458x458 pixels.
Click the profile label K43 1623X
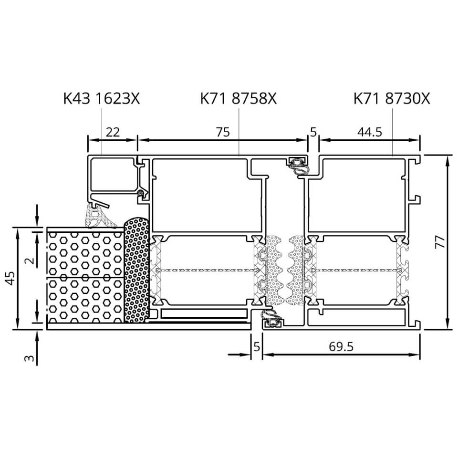point(101,99)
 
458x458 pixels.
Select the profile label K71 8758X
point(239,99)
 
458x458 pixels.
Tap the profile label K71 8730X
point(392,99)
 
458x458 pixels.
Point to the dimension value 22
point(113,132)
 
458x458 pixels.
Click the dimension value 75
point(223,132)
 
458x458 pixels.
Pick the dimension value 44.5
point(369,132)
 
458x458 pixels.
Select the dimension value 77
point(439,242)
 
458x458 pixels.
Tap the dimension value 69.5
point(341,347)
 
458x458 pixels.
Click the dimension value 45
point(10,278)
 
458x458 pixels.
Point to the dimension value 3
point(29,358)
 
